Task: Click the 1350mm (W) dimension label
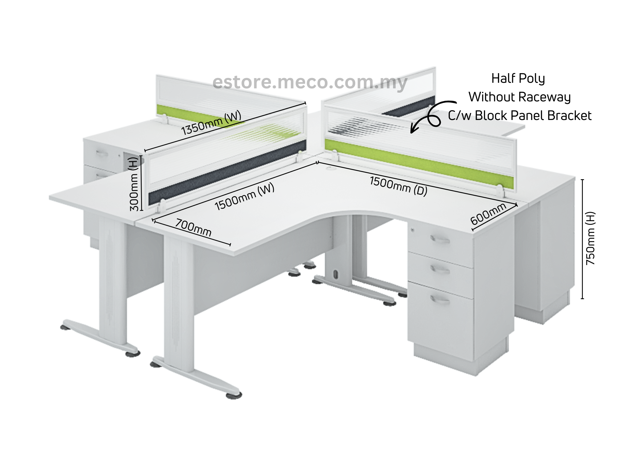tap(211, 123)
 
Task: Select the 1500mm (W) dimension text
tap(244, 197)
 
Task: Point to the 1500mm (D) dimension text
tap(399, 186)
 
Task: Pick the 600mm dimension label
tap(488, 214)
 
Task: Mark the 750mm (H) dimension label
tap(590, 238)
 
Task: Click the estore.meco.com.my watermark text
tap(310, 82)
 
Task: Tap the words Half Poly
tap(518, 78)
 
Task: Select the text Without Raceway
tap(520, 97)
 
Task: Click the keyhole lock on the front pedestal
tap(413, 230)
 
